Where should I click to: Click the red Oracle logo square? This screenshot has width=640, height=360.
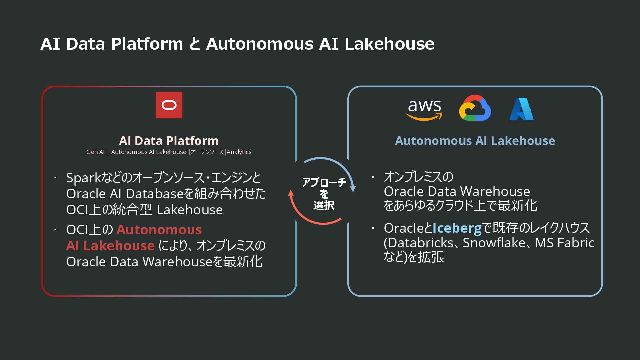coord(169,105)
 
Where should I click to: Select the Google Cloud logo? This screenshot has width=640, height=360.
coord(475,108)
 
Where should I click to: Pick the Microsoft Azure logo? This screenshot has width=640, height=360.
coord(521,109)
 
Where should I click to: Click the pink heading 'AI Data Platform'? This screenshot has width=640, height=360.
coord(169,141)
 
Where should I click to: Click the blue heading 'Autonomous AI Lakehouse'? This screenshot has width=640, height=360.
coord(475,141)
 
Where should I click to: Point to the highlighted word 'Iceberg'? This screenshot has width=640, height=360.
coord(457,228)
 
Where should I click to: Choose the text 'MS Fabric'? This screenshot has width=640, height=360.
coord(564,243)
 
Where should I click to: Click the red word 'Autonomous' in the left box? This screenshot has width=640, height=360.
coord(159,230)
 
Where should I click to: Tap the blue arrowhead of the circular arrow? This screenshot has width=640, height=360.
coord(353,189)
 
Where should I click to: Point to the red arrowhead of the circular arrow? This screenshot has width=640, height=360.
coord(291,193)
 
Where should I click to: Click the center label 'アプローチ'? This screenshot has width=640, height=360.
coord(324,182)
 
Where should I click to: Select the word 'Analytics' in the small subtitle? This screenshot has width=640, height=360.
coord(239,152)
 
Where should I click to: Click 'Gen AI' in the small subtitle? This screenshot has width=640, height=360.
coord(95,152)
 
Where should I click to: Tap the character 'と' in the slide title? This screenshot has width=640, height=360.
coord(194,44)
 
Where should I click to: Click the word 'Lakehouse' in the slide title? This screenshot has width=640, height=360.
coord(389,44)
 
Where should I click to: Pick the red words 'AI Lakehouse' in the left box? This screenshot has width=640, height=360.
coord(110,246)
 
